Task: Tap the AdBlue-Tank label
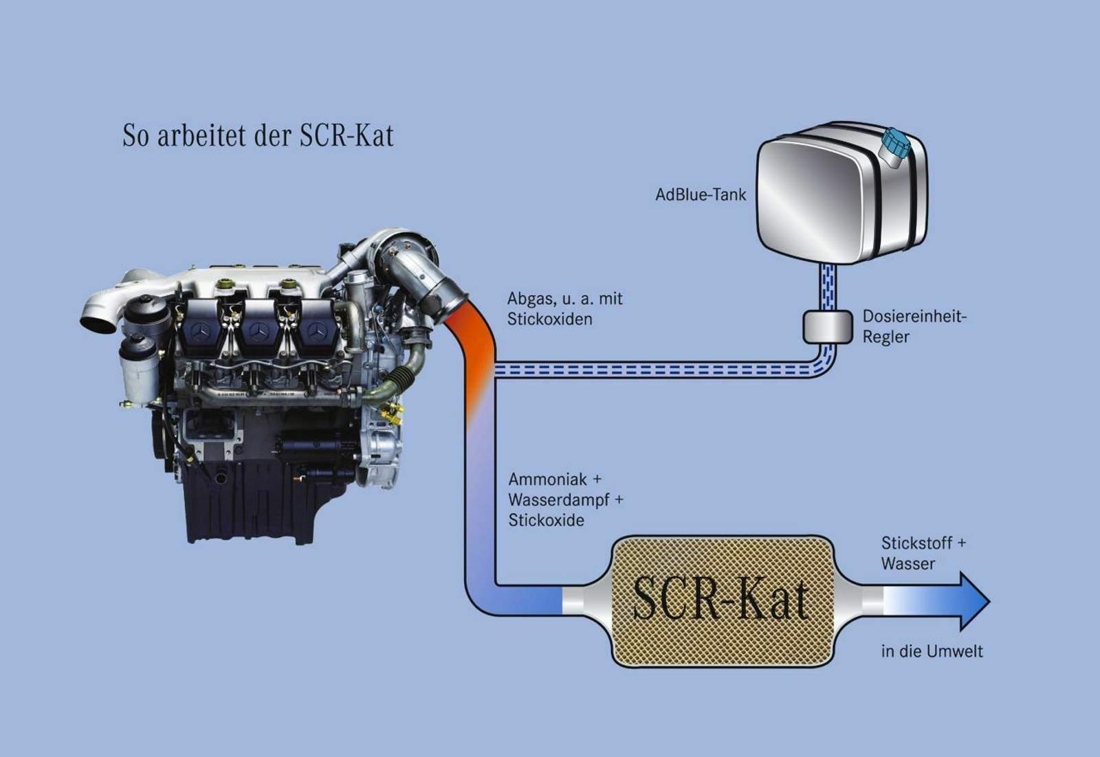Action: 701,195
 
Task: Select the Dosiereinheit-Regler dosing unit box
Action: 828,327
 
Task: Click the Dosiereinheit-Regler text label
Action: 914,326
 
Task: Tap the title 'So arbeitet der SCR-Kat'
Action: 258,135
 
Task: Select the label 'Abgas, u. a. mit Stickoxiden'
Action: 564,308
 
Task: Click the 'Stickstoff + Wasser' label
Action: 923,553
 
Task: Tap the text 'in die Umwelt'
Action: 932,651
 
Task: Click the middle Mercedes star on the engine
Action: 258,332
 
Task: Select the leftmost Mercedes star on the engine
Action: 200,332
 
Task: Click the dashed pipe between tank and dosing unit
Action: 828,287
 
